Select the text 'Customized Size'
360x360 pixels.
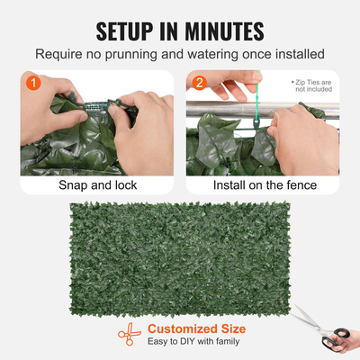point(196,328)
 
